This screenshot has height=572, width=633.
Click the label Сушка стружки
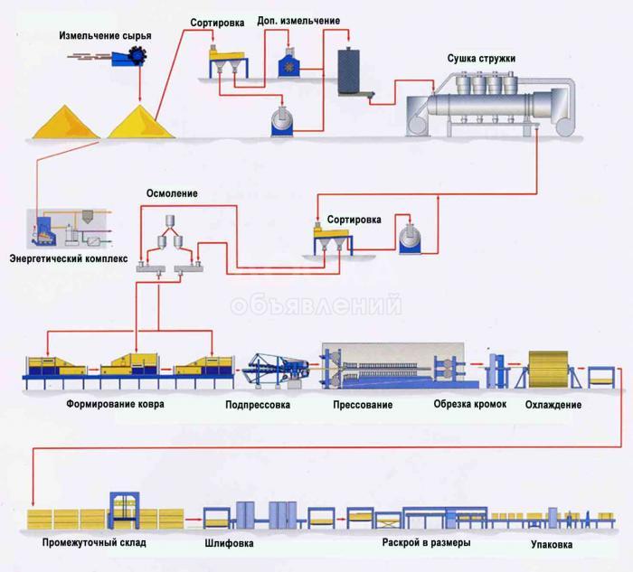point(481,59)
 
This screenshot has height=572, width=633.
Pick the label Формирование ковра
point(116,403)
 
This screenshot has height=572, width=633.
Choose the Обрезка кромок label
point(470,404)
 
